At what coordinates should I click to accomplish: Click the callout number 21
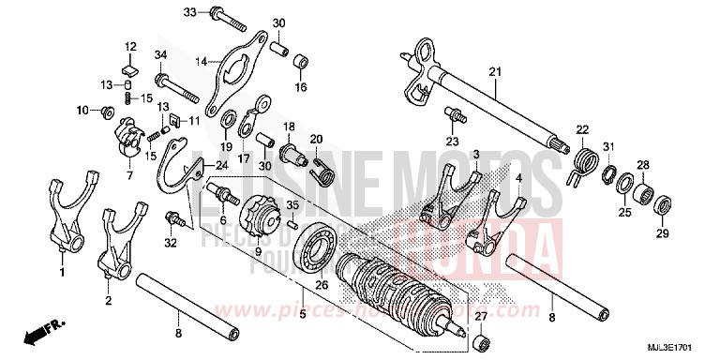(x=495, y=70)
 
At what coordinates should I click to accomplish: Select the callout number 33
(x=188, y=12)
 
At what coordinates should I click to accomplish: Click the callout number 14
(x=200, y=61)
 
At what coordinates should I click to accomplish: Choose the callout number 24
(x=221, y=167)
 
